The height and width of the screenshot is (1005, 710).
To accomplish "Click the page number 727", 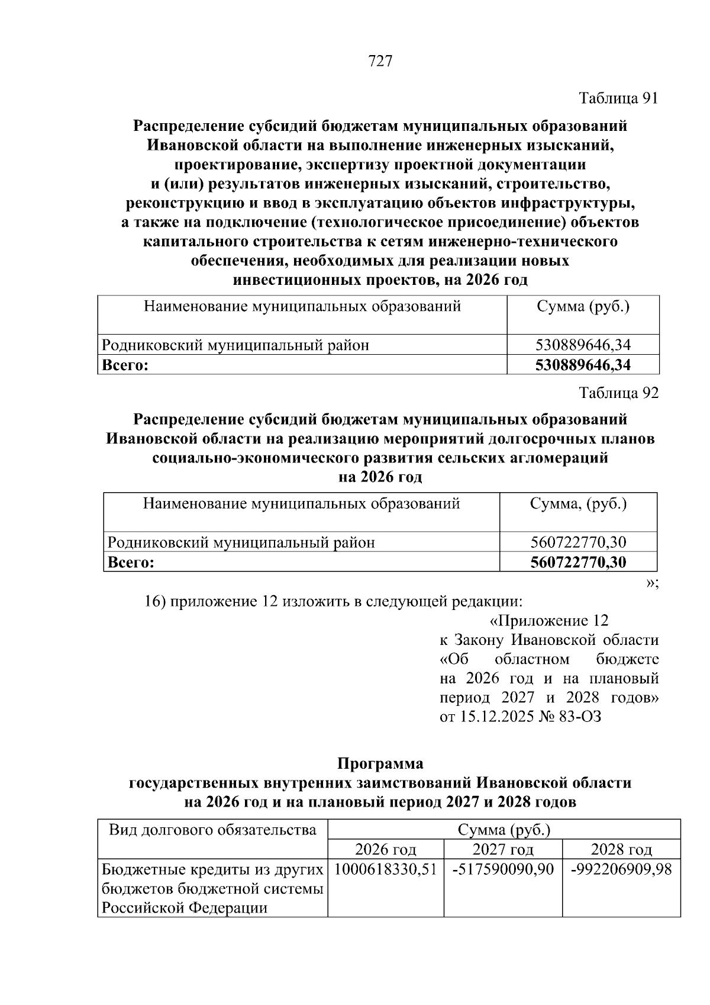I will click(x=380, y=61).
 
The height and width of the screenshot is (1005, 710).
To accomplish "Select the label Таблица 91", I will click(x=618, y=98).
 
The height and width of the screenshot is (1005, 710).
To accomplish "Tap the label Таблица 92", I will click(x=618, y=393).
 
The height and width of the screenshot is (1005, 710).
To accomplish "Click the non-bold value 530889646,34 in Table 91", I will click(x=583, y=345).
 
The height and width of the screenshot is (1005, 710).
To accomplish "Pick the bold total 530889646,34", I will click(x=583, y=365).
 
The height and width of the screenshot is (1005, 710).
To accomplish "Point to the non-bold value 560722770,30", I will click(x=578, y=542).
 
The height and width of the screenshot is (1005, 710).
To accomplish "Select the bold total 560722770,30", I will click(x=578, y=562).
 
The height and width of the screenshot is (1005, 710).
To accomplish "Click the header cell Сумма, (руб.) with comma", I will click(x=578, y=504).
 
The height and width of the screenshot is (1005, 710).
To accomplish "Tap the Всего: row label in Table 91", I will click(x=125, y=365).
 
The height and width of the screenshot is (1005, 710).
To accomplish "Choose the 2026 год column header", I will click(x=385, y=850).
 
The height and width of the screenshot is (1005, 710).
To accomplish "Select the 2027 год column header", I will click(x=503, y=850).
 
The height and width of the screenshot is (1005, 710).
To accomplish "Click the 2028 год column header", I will click(x=621, y=850).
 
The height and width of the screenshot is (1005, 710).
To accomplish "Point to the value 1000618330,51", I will click(x=385, y=869).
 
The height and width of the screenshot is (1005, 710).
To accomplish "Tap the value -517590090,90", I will click(x=503, y=869).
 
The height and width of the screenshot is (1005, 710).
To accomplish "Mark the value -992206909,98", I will click(x=621, y=869).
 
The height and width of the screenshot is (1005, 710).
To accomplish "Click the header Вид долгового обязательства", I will click(x=212, y=830).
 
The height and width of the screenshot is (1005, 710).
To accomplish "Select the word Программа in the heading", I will click(x=380, y=763).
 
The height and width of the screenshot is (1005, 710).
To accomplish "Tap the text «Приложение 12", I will click(x=549, y=621).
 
